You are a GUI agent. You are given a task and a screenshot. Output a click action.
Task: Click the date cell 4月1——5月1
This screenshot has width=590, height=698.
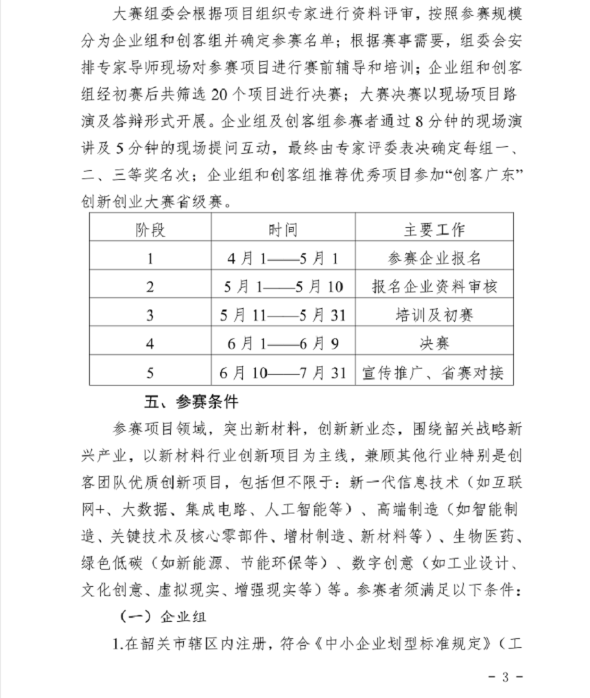coord(283,258)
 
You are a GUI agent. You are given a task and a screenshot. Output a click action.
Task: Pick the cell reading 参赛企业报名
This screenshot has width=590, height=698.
coord(434,258)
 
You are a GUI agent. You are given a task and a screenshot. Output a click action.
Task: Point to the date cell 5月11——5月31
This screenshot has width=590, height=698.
coord(283,316)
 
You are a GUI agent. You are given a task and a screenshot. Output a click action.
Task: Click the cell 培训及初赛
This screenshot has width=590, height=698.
coord(434,316)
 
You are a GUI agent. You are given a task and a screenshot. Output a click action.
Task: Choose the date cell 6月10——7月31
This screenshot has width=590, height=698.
coord(283,373)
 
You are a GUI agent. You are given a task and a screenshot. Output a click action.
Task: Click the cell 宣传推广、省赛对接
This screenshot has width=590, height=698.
coord(434,373)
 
